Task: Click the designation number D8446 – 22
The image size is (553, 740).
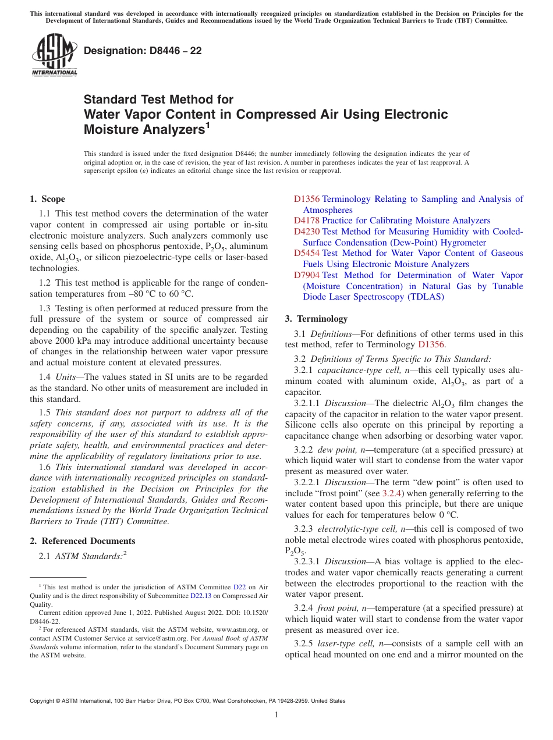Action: (143, 51)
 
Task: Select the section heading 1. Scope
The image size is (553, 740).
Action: (47, 199)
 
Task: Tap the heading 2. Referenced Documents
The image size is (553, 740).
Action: (82, 541)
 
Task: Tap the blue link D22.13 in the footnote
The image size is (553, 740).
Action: (201, 596)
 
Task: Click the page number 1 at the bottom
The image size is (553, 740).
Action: (276, 714)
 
